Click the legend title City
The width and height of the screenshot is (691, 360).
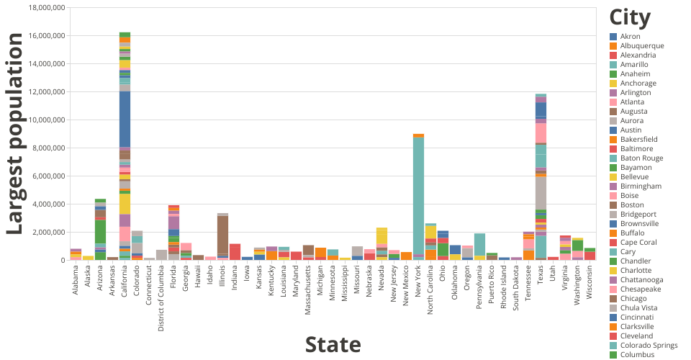pyautogui.click(x=630, y=17)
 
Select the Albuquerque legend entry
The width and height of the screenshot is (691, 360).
pyautogui.click(x=642, y=46)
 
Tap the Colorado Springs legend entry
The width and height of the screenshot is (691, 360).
pyautogui.click(x=650, y=346)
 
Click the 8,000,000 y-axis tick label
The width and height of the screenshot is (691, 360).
pyautogui.click(x=48, y=148)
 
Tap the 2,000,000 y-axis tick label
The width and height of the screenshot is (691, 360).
pyautogui.click(x=48, y=232)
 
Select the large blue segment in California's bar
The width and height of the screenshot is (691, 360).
pyautogui.click(x=125, y=119)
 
